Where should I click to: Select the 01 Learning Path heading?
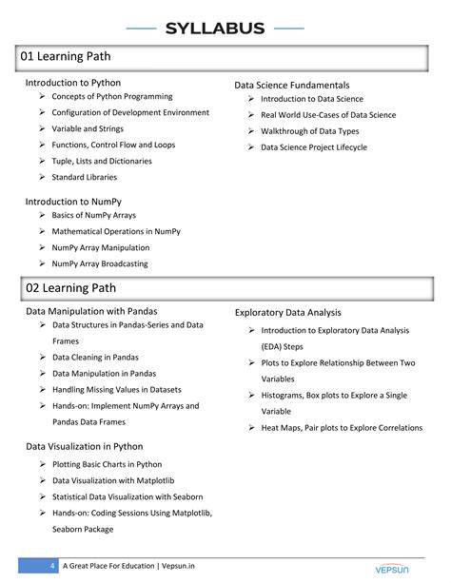66,57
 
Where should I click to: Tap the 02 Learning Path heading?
66,287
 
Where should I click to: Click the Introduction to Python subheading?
72,83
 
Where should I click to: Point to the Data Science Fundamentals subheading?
291,86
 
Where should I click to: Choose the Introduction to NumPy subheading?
72,202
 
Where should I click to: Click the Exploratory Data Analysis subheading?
287,312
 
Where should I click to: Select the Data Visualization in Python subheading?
84,445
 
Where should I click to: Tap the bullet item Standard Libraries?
85,177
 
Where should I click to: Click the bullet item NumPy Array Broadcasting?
100,263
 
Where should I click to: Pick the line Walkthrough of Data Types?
309,131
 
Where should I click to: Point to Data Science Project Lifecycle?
313,147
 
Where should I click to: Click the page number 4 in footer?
52,567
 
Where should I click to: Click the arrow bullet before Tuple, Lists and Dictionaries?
43,161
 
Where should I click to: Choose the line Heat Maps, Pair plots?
342,428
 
